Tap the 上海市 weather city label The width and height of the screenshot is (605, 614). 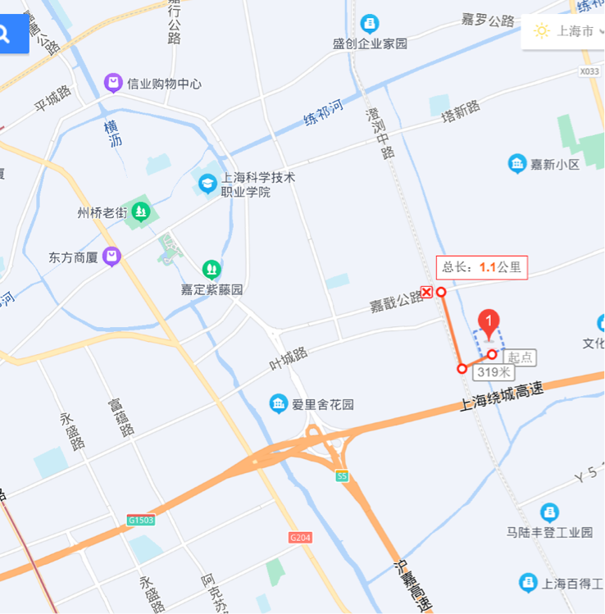pyautogui.click(x=575, y=31)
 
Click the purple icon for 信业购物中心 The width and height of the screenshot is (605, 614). pyautogui.click(x=113, y=83)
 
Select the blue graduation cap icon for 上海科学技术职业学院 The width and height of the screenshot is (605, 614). pyautogui.click(x=207, y=184)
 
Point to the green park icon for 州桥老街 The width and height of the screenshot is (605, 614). pyautogui.click(x=141, y=212)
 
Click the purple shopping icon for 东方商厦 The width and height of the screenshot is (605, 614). pyautogui.click(x=111, y=257)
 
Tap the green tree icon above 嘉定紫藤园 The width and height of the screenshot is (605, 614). pyautogui.click(x=212, y=269)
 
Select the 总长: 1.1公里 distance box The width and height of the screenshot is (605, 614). pyautogui.click(x=480, y=266)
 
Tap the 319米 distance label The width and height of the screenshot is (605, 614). pyautogui.click(x=494, y=371)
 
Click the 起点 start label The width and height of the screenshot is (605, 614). pyautogui.click(x=521, y=357)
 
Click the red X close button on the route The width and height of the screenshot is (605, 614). pyautogui.click(x=427, y=292)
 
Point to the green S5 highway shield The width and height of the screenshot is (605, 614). pyautogui.click(x=342, y=476)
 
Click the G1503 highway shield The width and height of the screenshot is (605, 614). pyautogui.click(x=141, y=520)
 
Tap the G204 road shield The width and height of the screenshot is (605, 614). pyautogui.click(x=301, y=538)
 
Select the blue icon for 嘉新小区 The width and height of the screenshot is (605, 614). pyautogui.click(x=517, y=164)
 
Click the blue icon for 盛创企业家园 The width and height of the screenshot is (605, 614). pyautogui.click(x=370, y=24)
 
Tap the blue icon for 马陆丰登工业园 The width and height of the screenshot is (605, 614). pyautogui.click(x=550, y=512)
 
